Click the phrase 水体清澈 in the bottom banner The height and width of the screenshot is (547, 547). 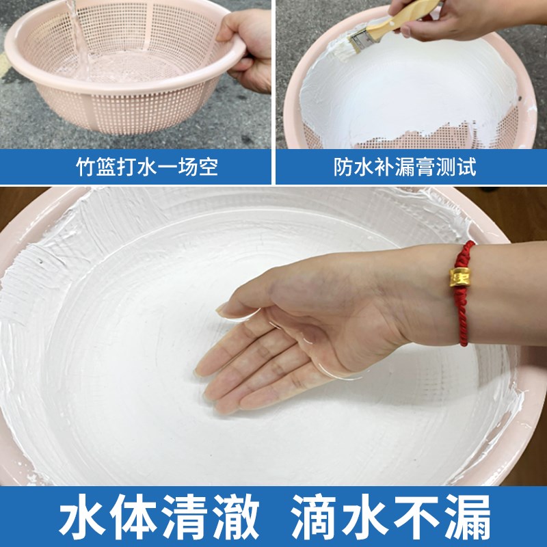pyautogui.click(x=159, y=519)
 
